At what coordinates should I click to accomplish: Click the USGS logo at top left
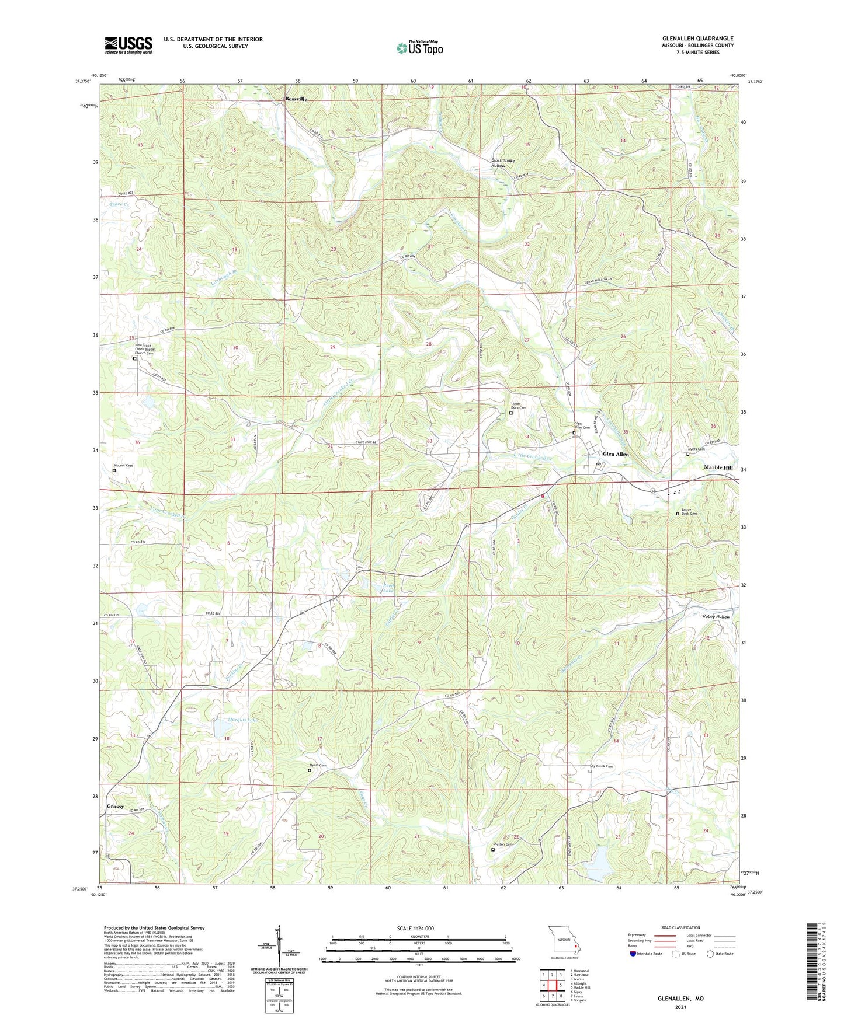pos(128,44)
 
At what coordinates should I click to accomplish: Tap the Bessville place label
pos(296,99)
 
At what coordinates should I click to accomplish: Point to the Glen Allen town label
pos(616,454)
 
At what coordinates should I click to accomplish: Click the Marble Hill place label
pos(718,467)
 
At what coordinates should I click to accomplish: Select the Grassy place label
pos(115,807)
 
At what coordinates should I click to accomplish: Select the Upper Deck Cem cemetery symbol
pos(511,413)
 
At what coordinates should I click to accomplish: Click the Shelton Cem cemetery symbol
pos(492,850)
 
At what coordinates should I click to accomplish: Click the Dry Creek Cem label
pos(601,766)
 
